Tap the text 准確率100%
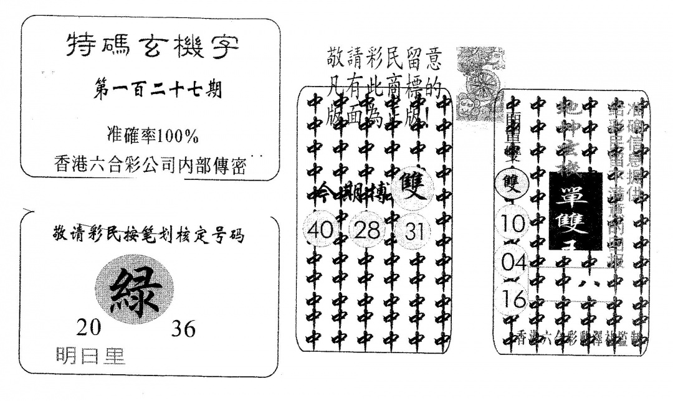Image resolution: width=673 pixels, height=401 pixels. [152, 134]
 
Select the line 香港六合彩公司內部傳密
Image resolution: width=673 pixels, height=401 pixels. [150, 164]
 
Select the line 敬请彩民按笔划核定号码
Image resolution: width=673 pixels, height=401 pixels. [150, 236]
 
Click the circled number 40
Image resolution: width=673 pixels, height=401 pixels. [320, 230]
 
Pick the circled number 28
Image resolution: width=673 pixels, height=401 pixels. [366, 230]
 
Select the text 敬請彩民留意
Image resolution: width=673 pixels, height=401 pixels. [384, 60]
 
